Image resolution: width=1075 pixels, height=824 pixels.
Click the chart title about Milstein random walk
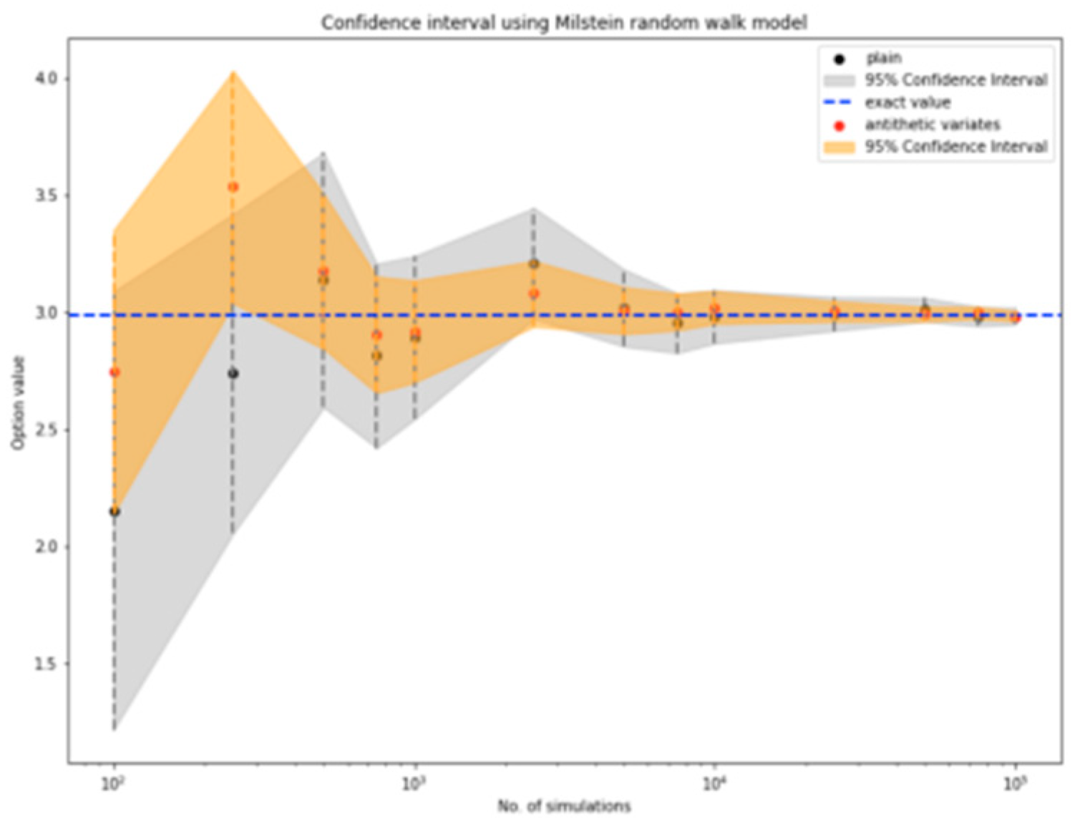tap(564, 23)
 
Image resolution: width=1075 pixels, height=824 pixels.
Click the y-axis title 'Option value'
tap(18, 403)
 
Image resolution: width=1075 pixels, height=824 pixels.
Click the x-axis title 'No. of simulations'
tap(564, 806)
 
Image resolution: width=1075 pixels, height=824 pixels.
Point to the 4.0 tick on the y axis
tap(48, 79)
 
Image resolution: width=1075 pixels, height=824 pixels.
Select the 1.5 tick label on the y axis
tap(48, 664)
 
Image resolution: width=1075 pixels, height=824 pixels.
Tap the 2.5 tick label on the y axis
tap(48, 430)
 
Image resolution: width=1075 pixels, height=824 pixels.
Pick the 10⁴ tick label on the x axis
tap(714, 784)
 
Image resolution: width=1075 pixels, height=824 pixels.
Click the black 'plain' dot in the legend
tap(840, 59)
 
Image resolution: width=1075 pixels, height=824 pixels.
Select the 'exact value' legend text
tap(908, 102)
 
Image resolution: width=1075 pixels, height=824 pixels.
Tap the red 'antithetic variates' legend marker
tap(840, 126)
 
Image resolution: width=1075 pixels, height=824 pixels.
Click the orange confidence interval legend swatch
tap(840, 147)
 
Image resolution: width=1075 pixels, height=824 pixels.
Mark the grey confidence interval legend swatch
tap(840, 80)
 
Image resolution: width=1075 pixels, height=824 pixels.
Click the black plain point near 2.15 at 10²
tap(115, 511)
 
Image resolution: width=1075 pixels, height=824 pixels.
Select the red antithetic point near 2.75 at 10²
tap(115, 372)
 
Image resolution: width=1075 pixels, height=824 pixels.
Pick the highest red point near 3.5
tap(233, 187)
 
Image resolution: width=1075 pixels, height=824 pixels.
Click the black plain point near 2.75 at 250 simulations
tap(233, 374)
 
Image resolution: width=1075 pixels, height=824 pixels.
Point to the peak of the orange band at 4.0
tap(233, 72)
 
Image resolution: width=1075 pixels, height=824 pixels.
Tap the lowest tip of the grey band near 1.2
tap(115, 729)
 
